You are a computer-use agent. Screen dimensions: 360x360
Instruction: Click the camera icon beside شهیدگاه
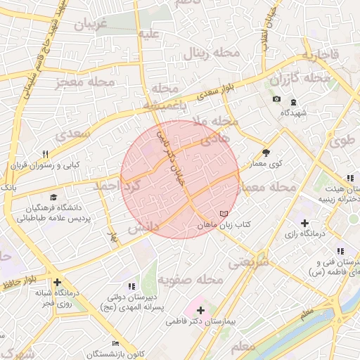(277, 98)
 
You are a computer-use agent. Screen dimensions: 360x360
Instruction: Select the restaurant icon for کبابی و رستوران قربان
(45, 154)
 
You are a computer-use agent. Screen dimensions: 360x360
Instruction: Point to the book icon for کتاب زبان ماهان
(224, 213)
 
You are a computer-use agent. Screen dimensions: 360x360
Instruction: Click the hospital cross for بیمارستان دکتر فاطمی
(200, 309)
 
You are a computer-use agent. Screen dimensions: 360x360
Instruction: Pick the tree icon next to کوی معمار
(266, 152)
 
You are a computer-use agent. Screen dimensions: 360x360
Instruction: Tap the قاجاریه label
(321, 55)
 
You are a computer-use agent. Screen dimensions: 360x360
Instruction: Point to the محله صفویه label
(190, 280)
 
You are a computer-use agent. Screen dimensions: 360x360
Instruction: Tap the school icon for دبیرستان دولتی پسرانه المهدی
(131, 286)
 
